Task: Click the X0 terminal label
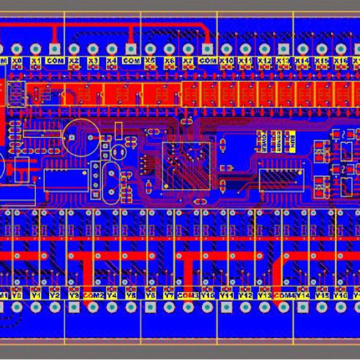tap(17, 60)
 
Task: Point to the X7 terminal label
tap(188, 60)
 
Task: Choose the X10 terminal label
tap(227, 60)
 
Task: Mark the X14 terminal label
tap(302, 60)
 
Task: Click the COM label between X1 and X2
tap(55, 60)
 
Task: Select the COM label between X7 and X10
tap(207, 60)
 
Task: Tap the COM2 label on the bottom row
tap(94, 296)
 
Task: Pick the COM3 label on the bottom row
tap(188, 296)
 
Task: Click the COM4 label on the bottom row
tap(283, 296)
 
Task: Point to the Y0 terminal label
tap(17, 296)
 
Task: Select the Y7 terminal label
tap(169, 296)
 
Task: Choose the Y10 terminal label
tap(207, 296)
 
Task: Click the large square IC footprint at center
tap(186, 165)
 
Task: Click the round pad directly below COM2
tap(93, 307)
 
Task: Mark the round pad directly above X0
tap(17, 49)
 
